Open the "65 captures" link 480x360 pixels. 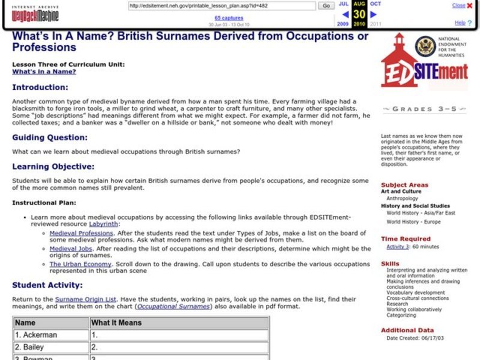[229, 18]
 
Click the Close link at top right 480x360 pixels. [458, 5]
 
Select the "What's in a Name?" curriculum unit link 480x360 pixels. [44, 71]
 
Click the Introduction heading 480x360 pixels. [40, 88]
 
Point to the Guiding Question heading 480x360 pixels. [49, 137]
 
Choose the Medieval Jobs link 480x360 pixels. [71, 248]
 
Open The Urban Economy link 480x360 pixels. [80, 264]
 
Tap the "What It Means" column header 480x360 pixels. [116, 322]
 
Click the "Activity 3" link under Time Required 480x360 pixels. [397, 247]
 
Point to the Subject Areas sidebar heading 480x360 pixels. [404, 185]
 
